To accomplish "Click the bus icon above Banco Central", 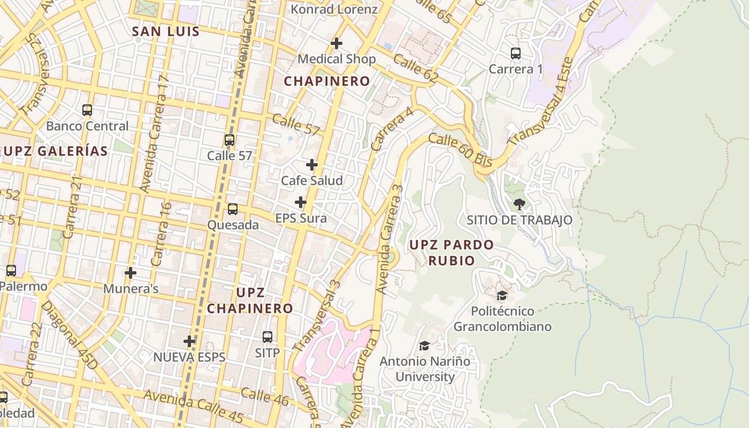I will pos(87,110).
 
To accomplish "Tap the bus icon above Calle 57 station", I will pos(230,140).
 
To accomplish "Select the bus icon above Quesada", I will pos(233,209).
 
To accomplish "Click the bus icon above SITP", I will pos(267,337).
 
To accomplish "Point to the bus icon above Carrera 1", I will pos(516,53).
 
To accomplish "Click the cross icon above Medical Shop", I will pos(337,43).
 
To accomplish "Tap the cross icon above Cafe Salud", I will pos(312,165).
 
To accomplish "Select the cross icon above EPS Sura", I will pos(301,202).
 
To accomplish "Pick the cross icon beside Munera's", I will pos(130,273).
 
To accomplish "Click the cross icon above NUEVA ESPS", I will pos(189,341).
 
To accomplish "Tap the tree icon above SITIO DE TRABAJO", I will pos(519,204).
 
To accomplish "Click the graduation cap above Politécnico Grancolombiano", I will pos(502,295).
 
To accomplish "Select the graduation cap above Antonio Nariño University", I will pos(425,346).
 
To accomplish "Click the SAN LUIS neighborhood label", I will pos(166,32).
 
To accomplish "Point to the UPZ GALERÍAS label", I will pos(56,151).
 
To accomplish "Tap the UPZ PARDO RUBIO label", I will pos(452,253).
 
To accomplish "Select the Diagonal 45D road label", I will pos(70,335).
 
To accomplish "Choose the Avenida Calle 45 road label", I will pos(193,406).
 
